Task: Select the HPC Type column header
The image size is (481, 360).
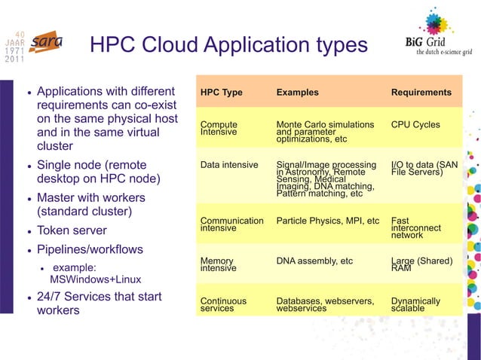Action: click(x=221, y=93)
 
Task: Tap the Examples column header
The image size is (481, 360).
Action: click(x=297, y=93)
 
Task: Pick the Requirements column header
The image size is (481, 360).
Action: click(x=421, y=93)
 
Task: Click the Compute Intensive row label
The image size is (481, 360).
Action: click(x=219, y=128)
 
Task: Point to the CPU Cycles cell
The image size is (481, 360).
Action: click(x=415, y=125)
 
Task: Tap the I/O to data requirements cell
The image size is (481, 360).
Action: click(x=424, y=169)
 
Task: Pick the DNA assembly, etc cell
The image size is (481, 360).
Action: click(x=314, y=261)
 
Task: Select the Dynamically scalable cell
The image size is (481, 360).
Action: click(x=415, y=304)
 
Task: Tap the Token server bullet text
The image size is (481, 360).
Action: click(x=72, y=230)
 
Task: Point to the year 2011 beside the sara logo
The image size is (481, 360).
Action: click(x=15, y=60)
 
